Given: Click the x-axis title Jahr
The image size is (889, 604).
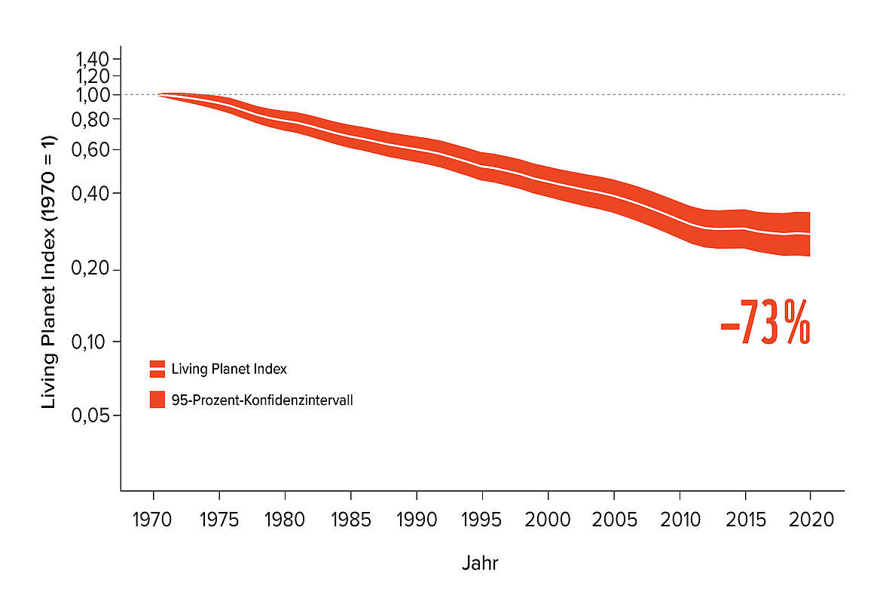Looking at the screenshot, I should coord(480,563).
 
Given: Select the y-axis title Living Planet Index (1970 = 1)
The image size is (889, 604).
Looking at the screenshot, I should coord(49,272).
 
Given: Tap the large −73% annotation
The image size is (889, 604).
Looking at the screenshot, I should coord(765,323).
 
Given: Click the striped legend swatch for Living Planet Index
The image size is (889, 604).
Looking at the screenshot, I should coord(157,369).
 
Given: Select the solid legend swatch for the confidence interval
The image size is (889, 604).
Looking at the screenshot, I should coord(157,400).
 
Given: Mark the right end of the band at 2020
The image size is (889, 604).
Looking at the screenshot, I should coord(808,235).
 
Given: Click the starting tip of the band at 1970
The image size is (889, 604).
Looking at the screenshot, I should coord(160,94).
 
